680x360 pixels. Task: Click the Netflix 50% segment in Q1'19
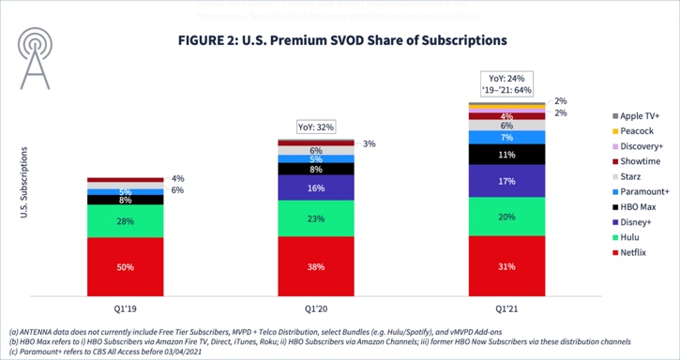125,267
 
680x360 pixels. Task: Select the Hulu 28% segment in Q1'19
125,220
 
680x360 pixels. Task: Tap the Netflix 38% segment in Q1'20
316,267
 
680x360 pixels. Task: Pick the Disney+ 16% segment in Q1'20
316,187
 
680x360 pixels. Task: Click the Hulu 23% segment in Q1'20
316,218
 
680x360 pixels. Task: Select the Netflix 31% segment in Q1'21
506,267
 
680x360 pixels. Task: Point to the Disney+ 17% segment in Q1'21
506,181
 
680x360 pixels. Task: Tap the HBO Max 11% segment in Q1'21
506,155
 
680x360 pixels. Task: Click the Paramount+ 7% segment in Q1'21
506,138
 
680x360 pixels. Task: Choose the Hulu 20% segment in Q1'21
506,217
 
